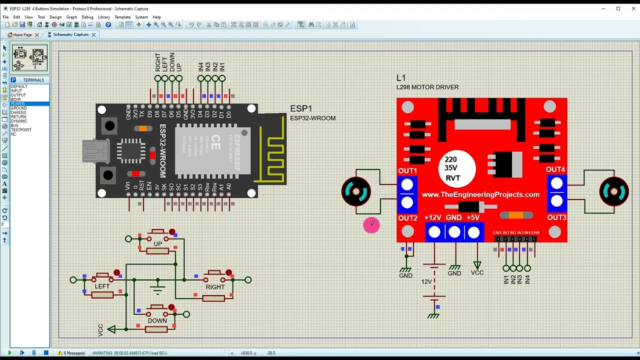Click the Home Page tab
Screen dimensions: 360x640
coord(20,34)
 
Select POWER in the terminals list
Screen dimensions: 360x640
coord(18,104)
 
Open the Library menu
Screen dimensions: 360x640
coord(103,17)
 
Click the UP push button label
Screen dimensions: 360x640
coord(157,244)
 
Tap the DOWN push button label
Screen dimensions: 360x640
coord(157,321)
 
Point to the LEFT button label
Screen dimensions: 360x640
coord(102,286)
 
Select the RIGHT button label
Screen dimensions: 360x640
coord(215,287)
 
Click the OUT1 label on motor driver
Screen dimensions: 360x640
coord(407,171)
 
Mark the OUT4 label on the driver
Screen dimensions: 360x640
coord(555,169)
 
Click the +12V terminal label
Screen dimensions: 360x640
coord(432,217)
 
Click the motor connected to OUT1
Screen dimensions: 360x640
coord(356,191)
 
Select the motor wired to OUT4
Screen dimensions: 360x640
coord(613,191)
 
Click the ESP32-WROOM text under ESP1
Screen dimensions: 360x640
coord(312,118)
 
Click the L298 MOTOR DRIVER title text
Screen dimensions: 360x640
coord(427,87)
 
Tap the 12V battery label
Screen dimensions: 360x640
coord(426,282)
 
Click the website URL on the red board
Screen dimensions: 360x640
coord(480,194)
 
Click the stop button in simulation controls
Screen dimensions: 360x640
coord(46,353)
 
